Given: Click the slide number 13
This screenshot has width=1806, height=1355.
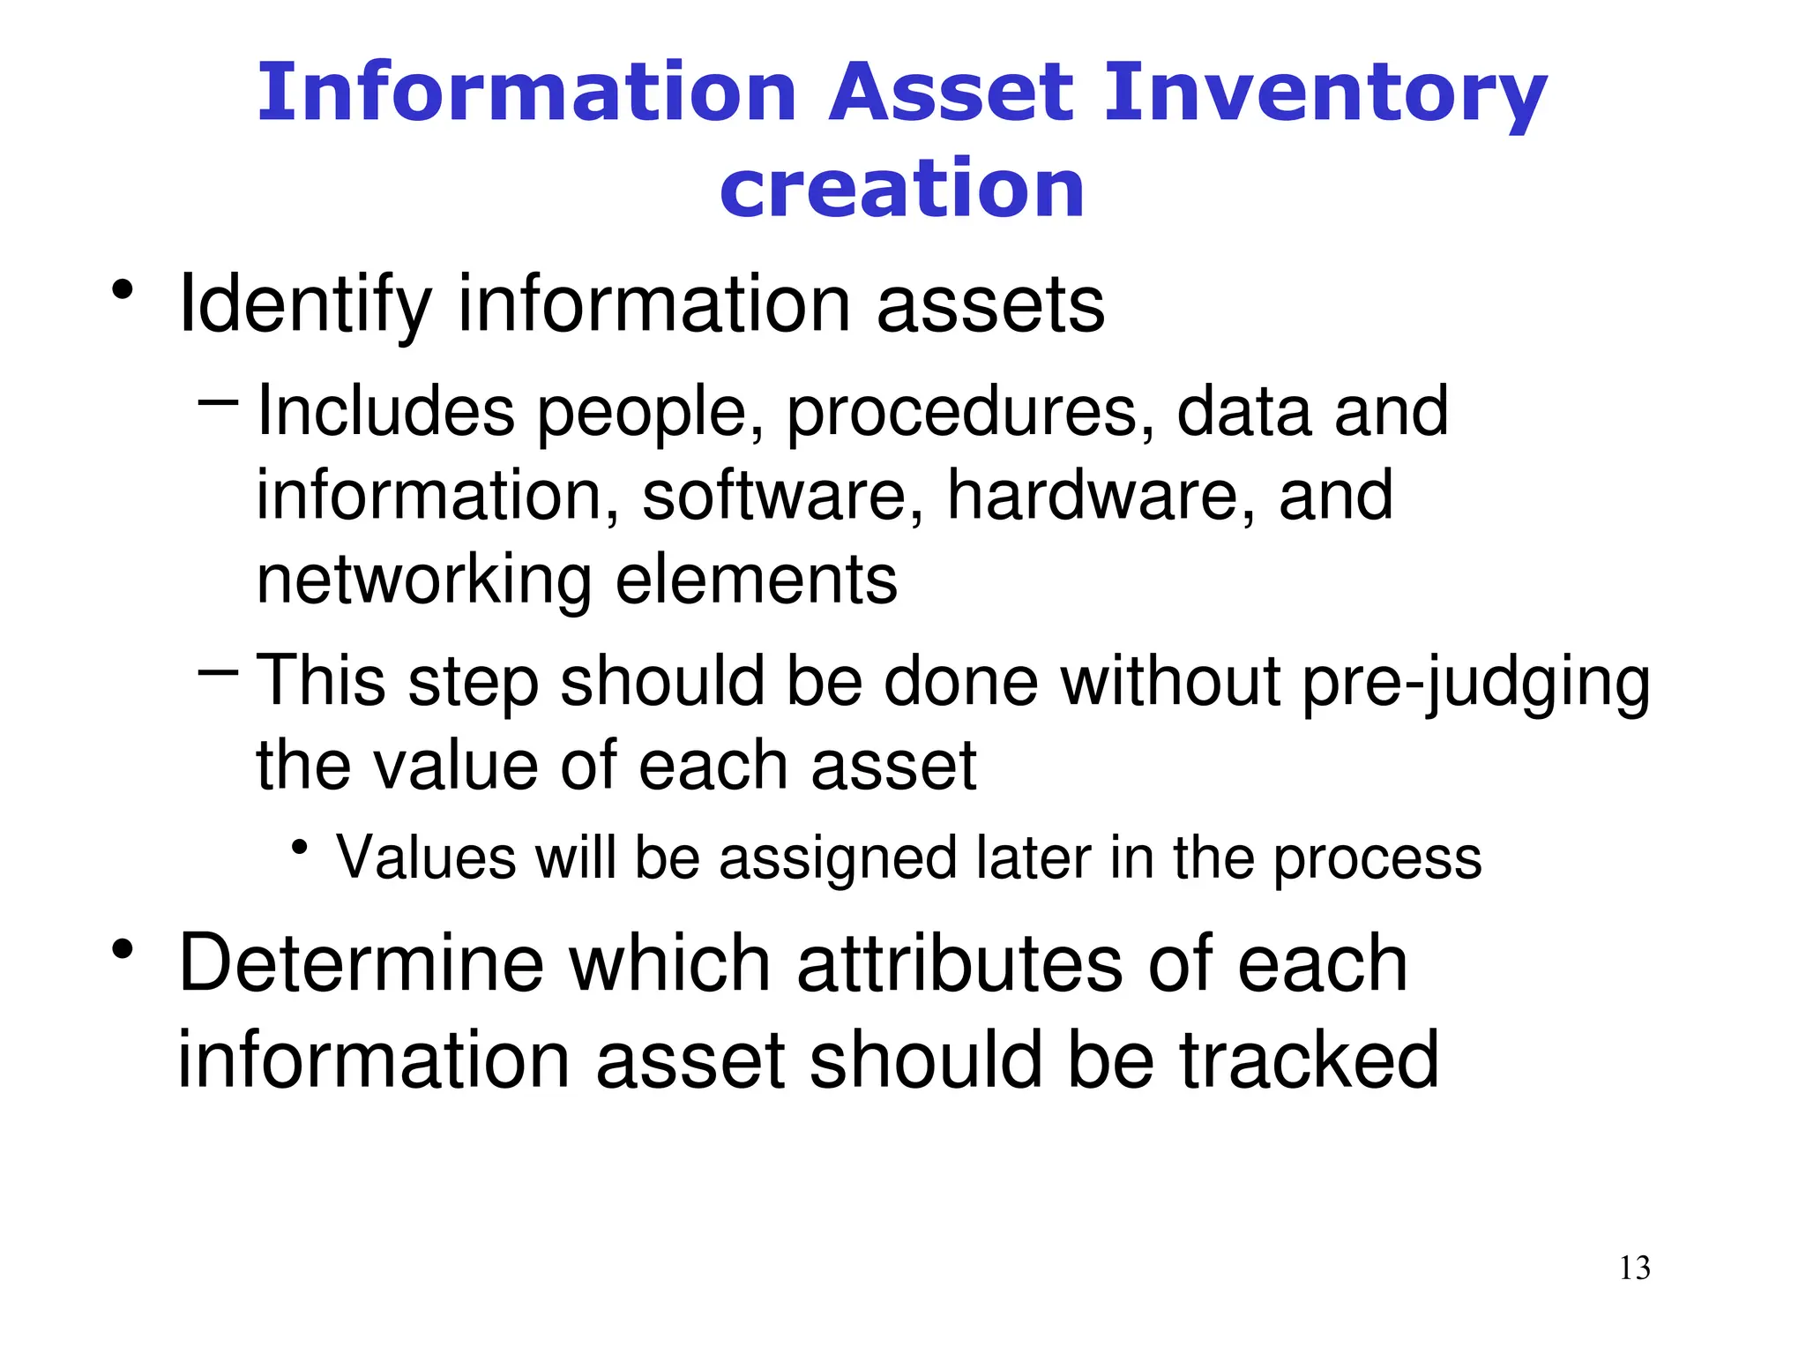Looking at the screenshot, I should (1634, 1268).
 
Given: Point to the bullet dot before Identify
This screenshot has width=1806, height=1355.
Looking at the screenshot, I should (123, 289).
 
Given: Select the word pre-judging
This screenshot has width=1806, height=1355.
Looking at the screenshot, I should (1474, 682).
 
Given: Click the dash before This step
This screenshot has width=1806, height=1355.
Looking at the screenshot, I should (219, 673).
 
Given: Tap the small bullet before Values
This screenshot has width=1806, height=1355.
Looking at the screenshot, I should (300, 848).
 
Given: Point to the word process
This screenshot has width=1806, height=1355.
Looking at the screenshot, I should (1377, 859).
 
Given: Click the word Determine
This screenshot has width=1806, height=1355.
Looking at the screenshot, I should (362, 963).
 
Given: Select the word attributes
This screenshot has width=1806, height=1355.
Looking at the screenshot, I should (959, 963).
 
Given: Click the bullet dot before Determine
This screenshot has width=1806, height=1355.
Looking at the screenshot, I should (123, 949).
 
